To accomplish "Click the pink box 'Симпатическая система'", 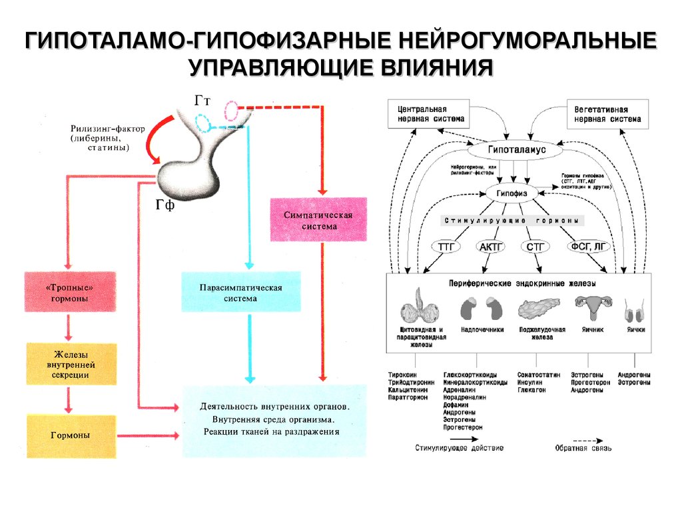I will (318, 219).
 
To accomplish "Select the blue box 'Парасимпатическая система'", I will (240, 291).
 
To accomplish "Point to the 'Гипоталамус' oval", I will (517, 151).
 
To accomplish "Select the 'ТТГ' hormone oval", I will (446, 247).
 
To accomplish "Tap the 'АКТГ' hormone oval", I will (492, 247).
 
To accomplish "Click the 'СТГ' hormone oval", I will (535, 247).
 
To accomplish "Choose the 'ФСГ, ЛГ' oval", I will (587, 247).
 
